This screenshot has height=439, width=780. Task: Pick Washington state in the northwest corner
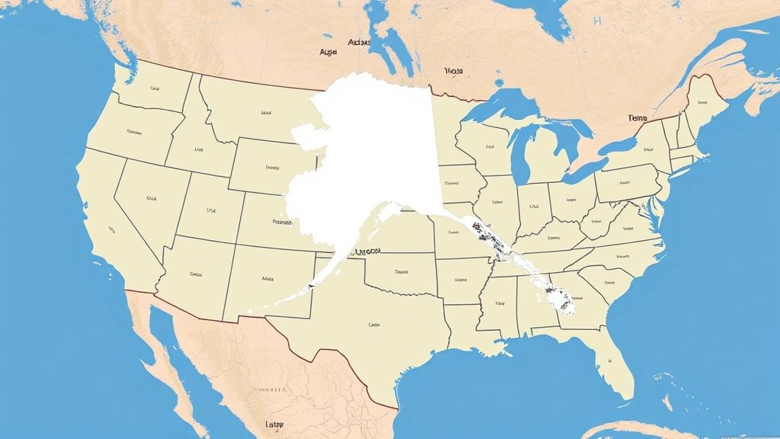pyautogui.click(x=152, y=88)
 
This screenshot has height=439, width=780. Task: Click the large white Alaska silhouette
pyautogui.click(x=373, y=152)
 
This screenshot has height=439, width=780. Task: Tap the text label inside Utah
pyautogui.click(x=211, y=210)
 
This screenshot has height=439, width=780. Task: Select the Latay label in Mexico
pyautogui.click(x=273, y=424)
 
